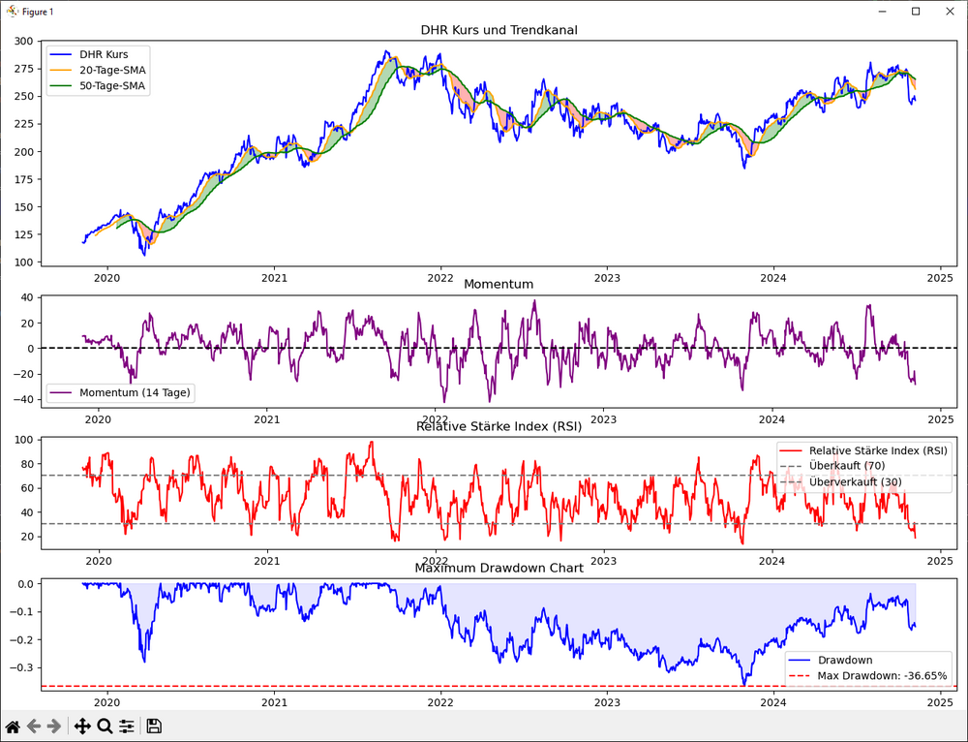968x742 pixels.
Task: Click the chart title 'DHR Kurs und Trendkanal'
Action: pos(499,29)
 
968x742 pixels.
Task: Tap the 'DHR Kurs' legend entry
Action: pos(104,54)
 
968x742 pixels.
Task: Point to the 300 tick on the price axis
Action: pos(23,41)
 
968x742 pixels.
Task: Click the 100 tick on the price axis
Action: pos(23,263)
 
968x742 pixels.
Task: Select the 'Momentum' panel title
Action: pos(499,284)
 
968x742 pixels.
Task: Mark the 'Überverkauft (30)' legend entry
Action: pos(855,481)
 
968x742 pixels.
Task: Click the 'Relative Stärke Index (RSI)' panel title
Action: pos(499,426)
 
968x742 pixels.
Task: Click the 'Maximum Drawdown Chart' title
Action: pos(499,568)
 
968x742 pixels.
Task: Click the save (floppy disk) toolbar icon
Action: pos(154,727)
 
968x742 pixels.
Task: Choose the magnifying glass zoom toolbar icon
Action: pos(105,727)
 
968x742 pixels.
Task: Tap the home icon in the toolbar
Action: pos(13,727)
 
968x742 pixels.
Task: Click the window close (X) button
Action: pos(946,11)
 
